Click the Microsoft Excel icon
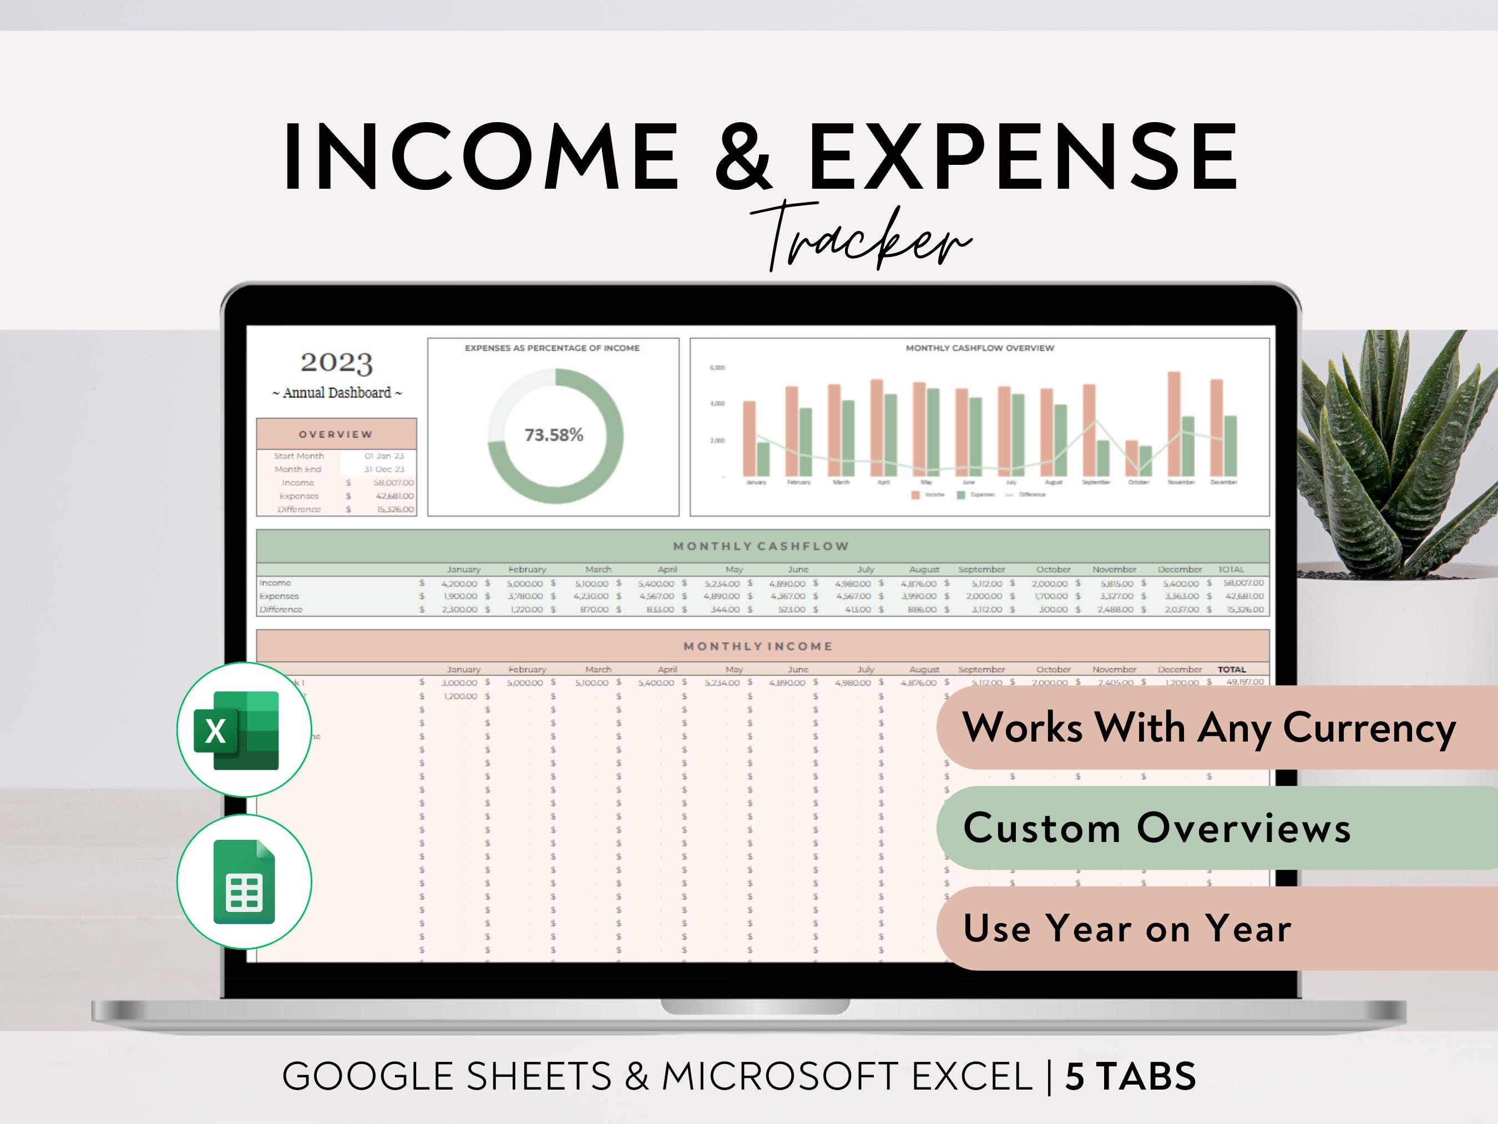click(x=244, y=730)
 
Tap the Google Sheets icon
click(x=244, y=881)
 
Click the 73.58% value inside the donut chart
click(x=553, y=435)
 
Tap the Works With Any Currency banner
click(x=1209, y=728)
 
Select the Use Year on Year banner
click(x=1127, y=928)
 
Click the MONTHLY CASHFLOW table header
click(x=761, y=546)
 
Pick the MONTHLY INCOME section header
click(x=758, y=646)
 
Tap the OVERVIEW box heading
click(x=336, y=434)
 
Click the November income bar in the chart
click(x=1173, y=424)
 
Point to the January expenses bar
click(x=762, y=460)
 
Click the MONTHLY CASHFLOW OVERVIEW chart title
click(x=979, y=348)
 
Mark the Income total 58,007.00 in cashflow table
click(x=1244, y=583)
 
